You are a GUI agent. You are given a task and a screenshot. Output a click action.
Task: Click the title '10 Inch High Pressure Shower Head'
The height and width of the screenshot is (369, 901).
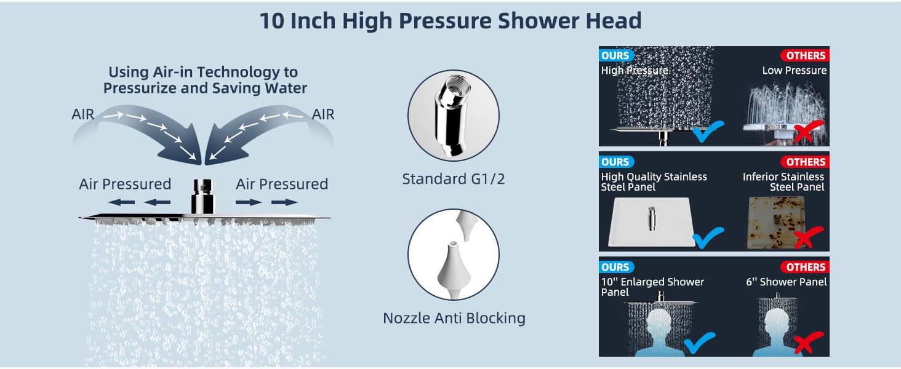[450, 20]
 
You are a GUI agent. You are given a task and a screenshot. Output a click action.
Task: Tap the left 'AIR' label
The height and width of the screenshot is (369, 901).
[83, 114]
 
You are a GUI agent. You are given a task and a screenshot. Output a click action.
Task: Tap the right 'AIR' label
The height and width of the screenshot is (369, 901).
[322, 114]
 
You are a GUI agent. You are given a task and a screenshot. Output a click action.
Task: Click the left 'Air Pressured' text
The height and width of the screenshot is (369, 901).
[125, 184]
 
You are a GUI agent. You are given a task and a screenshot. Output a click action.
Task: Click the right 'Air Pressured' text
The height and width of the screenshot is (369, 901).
[282, 184]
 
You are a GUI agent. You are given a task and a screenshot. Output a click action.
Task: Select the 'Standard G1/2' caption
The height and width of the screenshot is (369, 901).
[453, 179]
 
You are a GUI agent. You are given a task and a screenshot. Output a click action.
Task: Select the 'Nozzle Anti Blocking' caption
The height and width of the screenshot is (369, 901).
[454, 318]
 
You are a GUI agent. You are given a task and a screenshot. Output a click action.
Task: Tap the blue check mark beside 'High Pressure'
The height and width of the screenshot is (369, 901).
[708, 131]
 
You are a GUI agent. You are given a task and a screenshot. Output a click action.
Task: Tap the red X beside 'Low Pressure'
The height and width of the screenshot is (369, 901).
[808, 132]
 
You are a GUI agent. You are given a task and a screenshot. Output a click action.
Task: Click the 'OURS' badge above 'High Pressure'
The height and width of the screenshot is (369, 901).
[615, 55]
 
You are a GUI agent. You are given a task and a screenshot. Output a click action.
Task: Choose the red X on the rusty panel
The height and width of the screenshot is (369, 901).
[808, 237]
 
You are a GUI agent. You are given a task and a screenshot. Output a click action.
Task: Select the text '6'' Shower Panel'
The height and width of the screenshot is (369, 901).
[786, 282]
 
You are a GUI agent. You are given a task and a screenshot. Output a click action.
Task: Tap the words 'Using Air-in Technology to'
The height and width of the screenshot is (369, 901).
[202, 72]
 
